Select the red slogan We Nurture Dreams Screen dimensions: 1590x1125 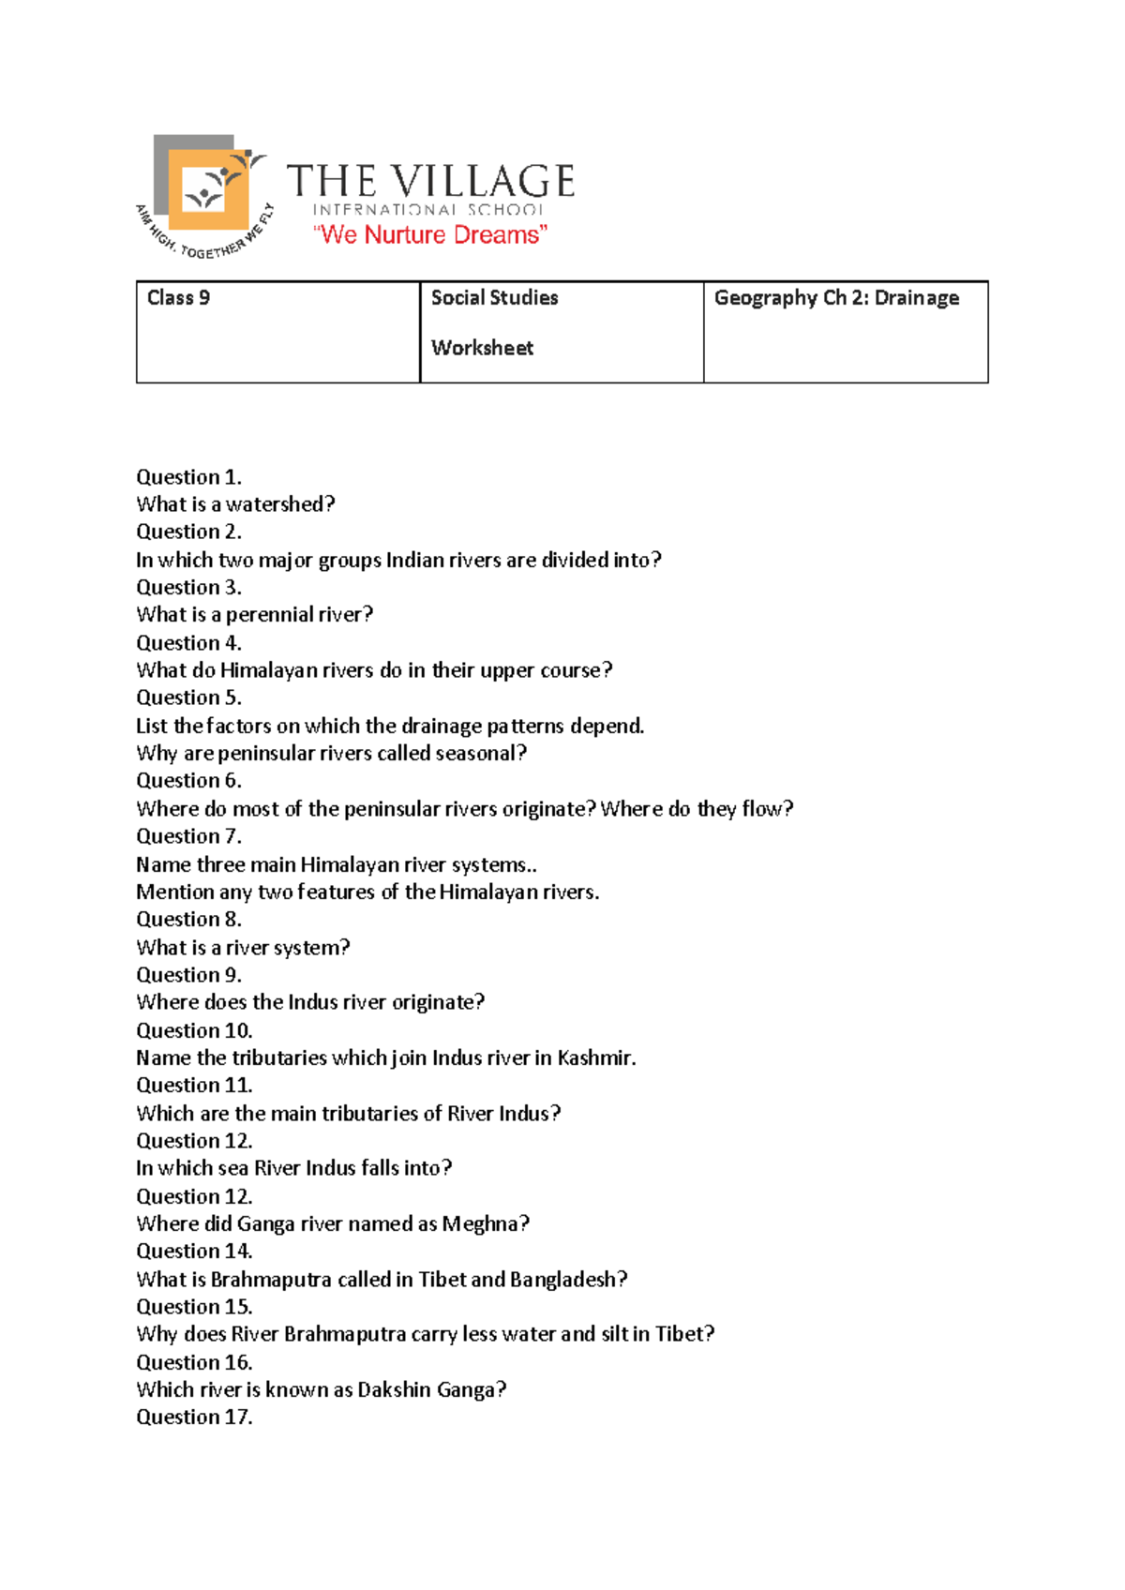tap(429, 234)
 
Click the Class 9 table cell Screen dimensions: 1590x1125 tap(277, 332)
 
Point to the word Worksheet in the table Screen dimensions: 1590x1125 tap(482, 348)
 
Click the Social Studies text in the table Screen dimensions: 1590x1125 tap(494, 298)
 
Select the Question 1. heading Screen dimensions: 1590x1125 tap(188, 476)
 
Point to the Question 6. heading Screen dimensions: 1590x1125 tap(188, 781)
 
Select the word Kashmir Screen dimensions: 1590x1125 tap(596, 1058)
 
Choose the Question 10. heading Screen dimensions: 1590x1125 tap(194, 1030)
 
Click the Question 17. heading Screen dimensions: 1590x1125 tap(194, 1417)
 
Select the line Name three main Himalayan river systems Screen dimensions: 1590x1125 tap(336, 864)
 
